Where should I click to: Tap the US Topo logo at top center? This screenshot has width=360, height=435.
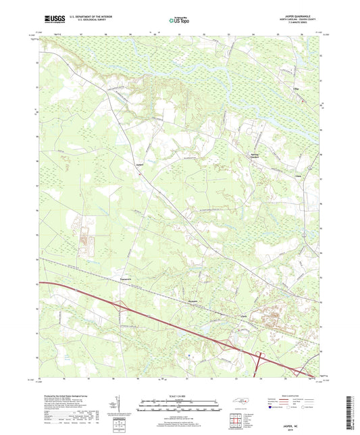coord(179,20)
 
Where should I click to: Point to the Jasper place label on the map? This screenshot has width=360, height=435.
coord(140,165)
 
